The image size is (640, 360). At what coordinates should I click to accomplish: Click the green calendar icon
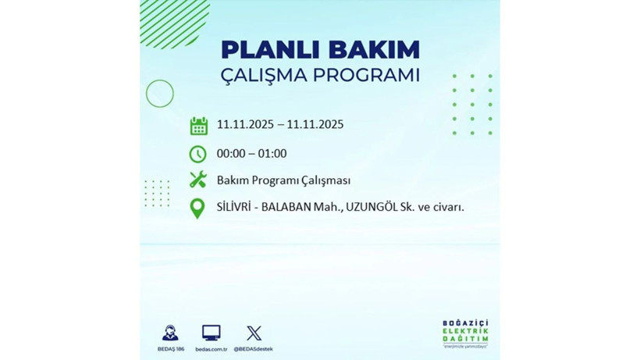point(198,126)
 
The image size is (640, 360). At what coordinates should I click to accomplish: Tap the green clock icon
point(198,154)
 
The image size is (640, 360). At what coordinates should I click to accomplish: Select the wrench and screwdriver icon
point(198,180)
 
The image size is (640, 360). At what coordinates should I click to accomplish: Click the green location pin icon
point(198,209)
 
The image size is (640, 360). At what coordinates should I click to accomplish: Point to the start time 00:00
point(232,154)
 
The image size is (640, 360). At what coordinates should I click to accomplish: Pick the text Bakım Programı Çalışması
point(283,180)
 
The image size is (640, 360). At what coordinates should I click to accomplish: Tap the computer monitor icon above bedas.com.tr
point(211,332)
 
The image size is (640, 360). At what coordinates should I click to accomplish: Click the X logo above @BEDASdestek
point(254,333)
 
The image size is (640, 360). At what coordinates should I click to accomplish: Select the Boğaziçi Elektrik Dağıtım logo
point(464,336)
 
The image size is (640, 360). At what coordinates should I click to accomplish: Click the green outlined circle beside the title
point(160,94)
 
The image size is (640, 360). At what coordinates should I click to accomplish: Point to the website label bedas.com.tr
point(211,349)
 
